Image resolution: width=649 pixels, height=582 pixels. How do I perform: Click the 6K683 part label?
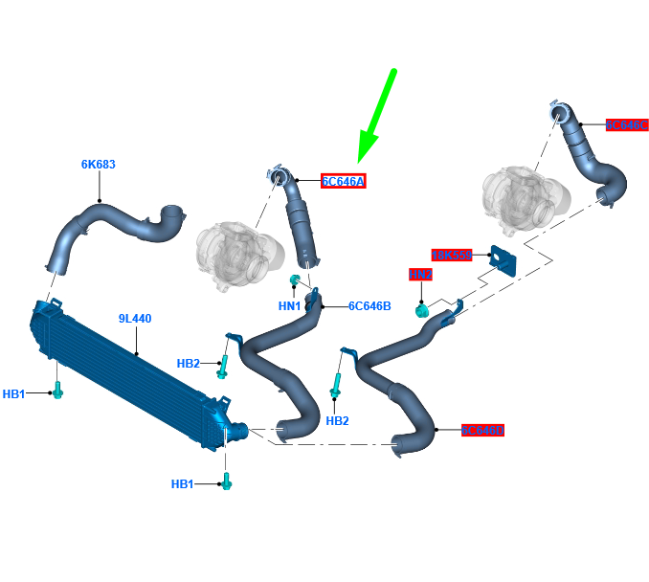point(98,165)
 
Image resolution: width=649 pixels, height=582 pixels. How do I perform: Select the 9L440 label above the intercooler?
point(135,319)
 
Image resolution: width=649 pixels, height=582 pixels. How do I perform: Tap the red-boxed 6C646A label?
point(343,181)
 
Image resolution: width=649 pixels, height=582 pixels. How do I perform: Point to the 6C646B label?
point(369,306)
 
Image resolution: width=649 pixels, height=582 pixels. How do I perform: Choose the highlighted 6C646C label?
point(627,124)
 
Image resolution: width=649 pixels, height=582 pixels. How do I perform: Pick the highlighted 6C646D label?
point(481,431)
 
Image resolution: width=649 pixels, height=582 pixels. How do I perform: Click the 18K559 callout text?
point(452,256)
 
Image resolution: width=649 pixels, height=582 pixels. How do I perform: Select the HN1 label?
point(290,306)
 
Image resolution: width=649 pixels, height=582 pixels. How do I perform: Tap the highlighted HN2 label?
point(420,275)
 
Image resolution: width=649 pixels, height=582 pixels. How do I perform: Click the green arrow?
point(377,115)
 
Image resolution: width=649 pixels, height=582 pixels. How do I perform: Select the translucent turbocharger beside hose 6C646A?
point(235,257)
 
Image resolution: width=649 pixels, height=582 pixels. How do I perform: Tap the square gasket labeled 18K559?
point(501,259)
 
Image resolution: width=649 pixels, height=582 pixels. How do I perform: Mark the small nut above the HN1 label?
point(296,280)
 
